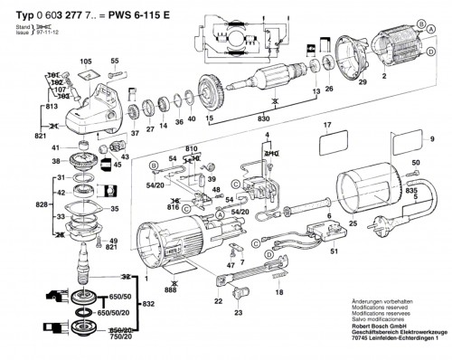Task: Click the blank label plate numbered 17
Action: [x=337, y=142]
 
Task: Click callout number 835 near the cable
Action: [x=411, y=192]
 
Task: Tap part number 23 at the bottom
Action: [x=238, y=313]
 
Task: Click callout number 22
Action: [x=218, y=300]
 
